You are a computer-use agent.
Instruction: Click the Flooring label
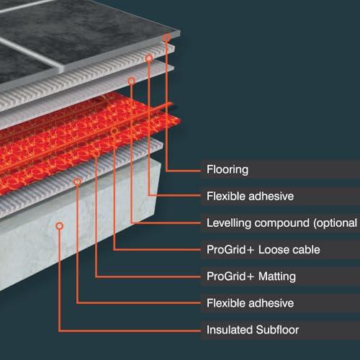tap(228, 169)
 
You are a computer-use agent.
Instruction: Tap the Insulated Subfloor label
tap(253, 330)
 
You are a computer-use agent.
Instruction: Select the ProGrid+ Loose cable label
tap(264, 250)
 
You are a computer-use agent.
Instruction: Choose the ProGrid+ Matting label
tap(251, 276)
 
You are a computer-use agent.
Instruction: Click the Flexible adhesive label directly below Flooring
tap(250, 196)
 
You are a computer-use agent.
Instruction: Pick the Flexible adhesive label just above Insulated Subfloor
tap(250, 303)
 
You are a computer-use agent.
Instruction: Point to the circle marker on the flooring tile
tap(166, 37)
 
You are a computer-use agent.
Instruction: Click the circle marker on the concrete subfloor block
tap(60, 226)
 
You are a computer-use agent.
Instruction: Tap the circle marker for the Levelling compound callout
tap(131, 81)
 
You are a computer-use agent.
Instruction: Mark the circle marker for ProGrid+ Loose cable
tap(114, 131)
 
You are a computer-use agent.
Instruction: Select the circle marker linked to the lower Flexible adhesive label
tap(77, 181)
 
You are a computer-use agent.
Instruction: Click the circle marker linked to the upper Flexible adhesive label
tap(149, 58)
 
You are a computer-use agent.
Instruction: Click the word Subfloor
tap(277, 330)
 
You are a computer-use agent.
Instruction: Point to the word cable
tap(305, 250)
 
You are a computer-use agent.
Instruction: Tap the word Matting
tap(277, 276)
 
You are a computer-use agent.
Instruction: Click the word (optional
tap(335, 223)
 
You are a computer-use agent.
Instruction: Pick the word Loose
tap(272, 250)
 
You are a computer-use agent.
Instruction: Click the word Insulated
tap(230, 330)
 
